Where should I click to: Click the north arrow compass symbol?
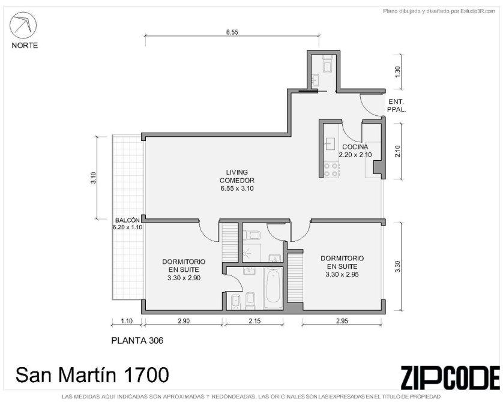23,25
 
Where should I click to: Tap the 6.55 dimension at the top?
232,32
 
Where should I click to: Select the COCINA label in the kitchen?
355,147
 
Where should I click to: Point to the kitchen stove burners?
331,170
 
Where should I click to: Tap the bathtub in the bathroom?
273,288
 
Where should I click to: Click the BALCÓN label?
127,220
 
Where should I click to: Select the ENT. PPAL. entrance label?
397,106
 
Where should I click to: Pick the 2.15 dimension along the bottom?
255,320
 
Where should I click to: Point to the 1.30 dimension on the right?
398,71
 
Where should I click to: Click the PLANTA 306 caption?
137,340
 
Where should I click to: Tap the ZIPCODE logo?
450,377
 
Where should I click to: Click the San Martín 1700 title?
92,375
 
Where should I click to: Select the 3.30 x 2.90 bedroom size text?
184,278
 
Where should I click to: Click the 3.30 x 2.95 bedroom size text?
342,274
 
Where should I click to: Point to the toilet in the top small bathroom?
327,64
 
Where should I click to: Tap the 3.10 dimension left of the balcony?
94,178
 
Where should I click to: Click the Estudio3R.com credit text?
439,11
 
